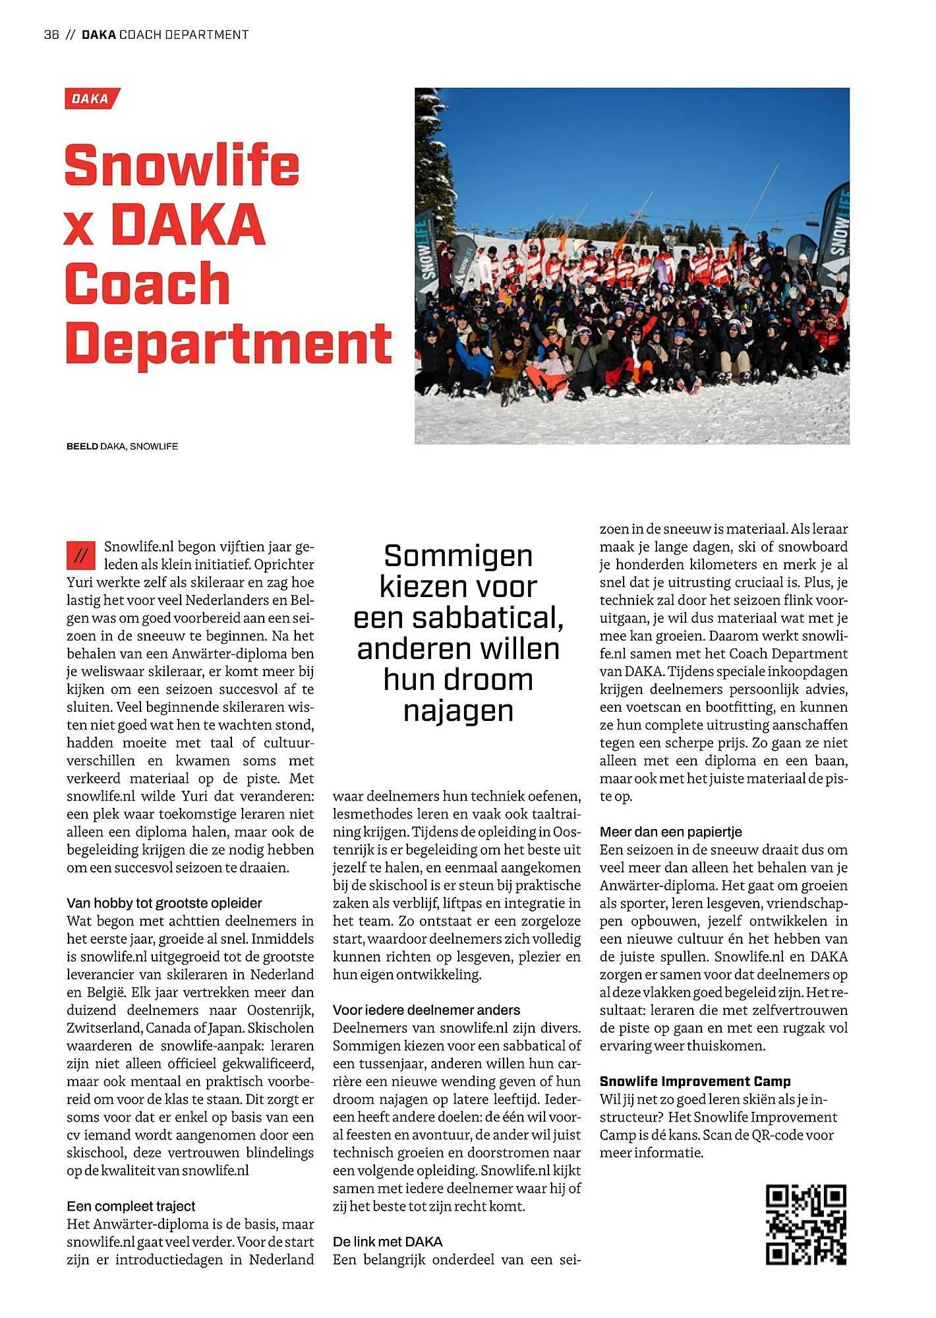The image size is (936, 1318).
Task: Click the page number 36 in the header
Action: [x=51, y=35]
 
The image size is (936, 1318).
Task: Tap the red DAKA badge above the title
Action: [x=92, y=99]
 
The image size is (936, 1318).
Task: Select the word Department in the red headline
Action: [x=229, y=344]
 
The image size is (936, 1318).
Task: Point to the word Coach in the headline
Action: [x=148, y=284]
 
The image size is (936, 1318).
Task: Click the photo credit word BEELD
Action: [x=82, y=446]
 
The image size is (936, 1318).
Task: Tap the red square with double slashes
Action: [x=81, y=556]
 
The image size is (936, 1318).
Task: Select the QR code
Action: [x=805, y=1224]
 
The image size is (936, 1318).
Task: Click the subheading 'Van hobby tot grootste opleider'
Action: [x=164, y=903]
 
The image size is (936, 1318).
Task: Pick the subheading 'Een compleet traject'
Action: [x=131, y=1206]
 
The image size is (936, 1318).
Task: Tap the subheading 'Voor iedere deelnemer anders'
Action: [x=426, y=1010]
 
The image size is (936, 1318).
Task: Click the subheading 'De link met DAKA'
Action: [x=388, y=1242]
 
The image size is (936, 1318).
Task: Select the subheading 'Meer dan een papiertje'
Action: [x=670, y=832]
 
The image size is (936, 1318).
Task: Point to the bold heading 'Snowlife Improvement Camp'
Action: [x=695, y=1081]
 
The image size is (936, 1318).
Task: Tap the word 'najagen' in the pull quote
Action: [x=458, y=710]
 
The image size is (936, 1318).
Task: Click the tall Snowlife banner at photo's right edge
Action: [x=834, y=234]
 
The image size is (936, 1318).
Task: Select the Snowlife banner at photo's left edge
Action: [x=426, y=254]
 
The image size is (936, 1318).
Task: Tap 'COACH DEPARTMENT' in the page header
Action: [x=184, y=35]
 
